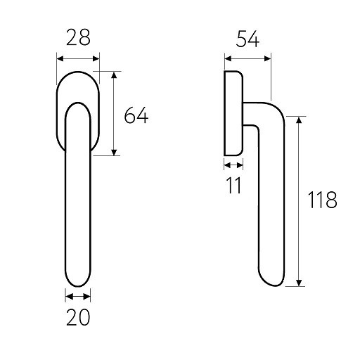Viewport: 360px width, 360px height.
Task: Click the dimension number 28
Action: (78, 37)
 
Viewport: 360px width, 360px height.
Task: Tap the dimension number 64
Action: (136, 115)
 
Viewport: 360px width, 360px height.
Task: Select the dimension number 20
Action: (78, 317)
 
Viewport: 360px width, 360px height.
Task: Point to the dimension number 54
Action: (247, 39)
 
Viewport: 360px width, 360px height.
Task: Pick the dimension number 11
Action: (234, 185)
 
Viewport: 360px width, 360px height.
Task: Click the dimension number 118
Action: (323, 200)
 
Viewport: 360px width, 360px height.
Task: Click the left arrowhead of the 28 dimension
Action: (60, 58)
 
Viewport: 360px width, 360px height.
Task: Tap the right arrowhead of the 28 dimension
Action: (96, 58)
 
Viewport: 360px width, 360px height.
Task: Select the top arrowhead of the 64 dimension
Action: (114, 75)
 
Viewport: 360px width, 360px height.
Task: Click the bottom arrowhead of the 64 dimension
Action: (114, 152)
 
